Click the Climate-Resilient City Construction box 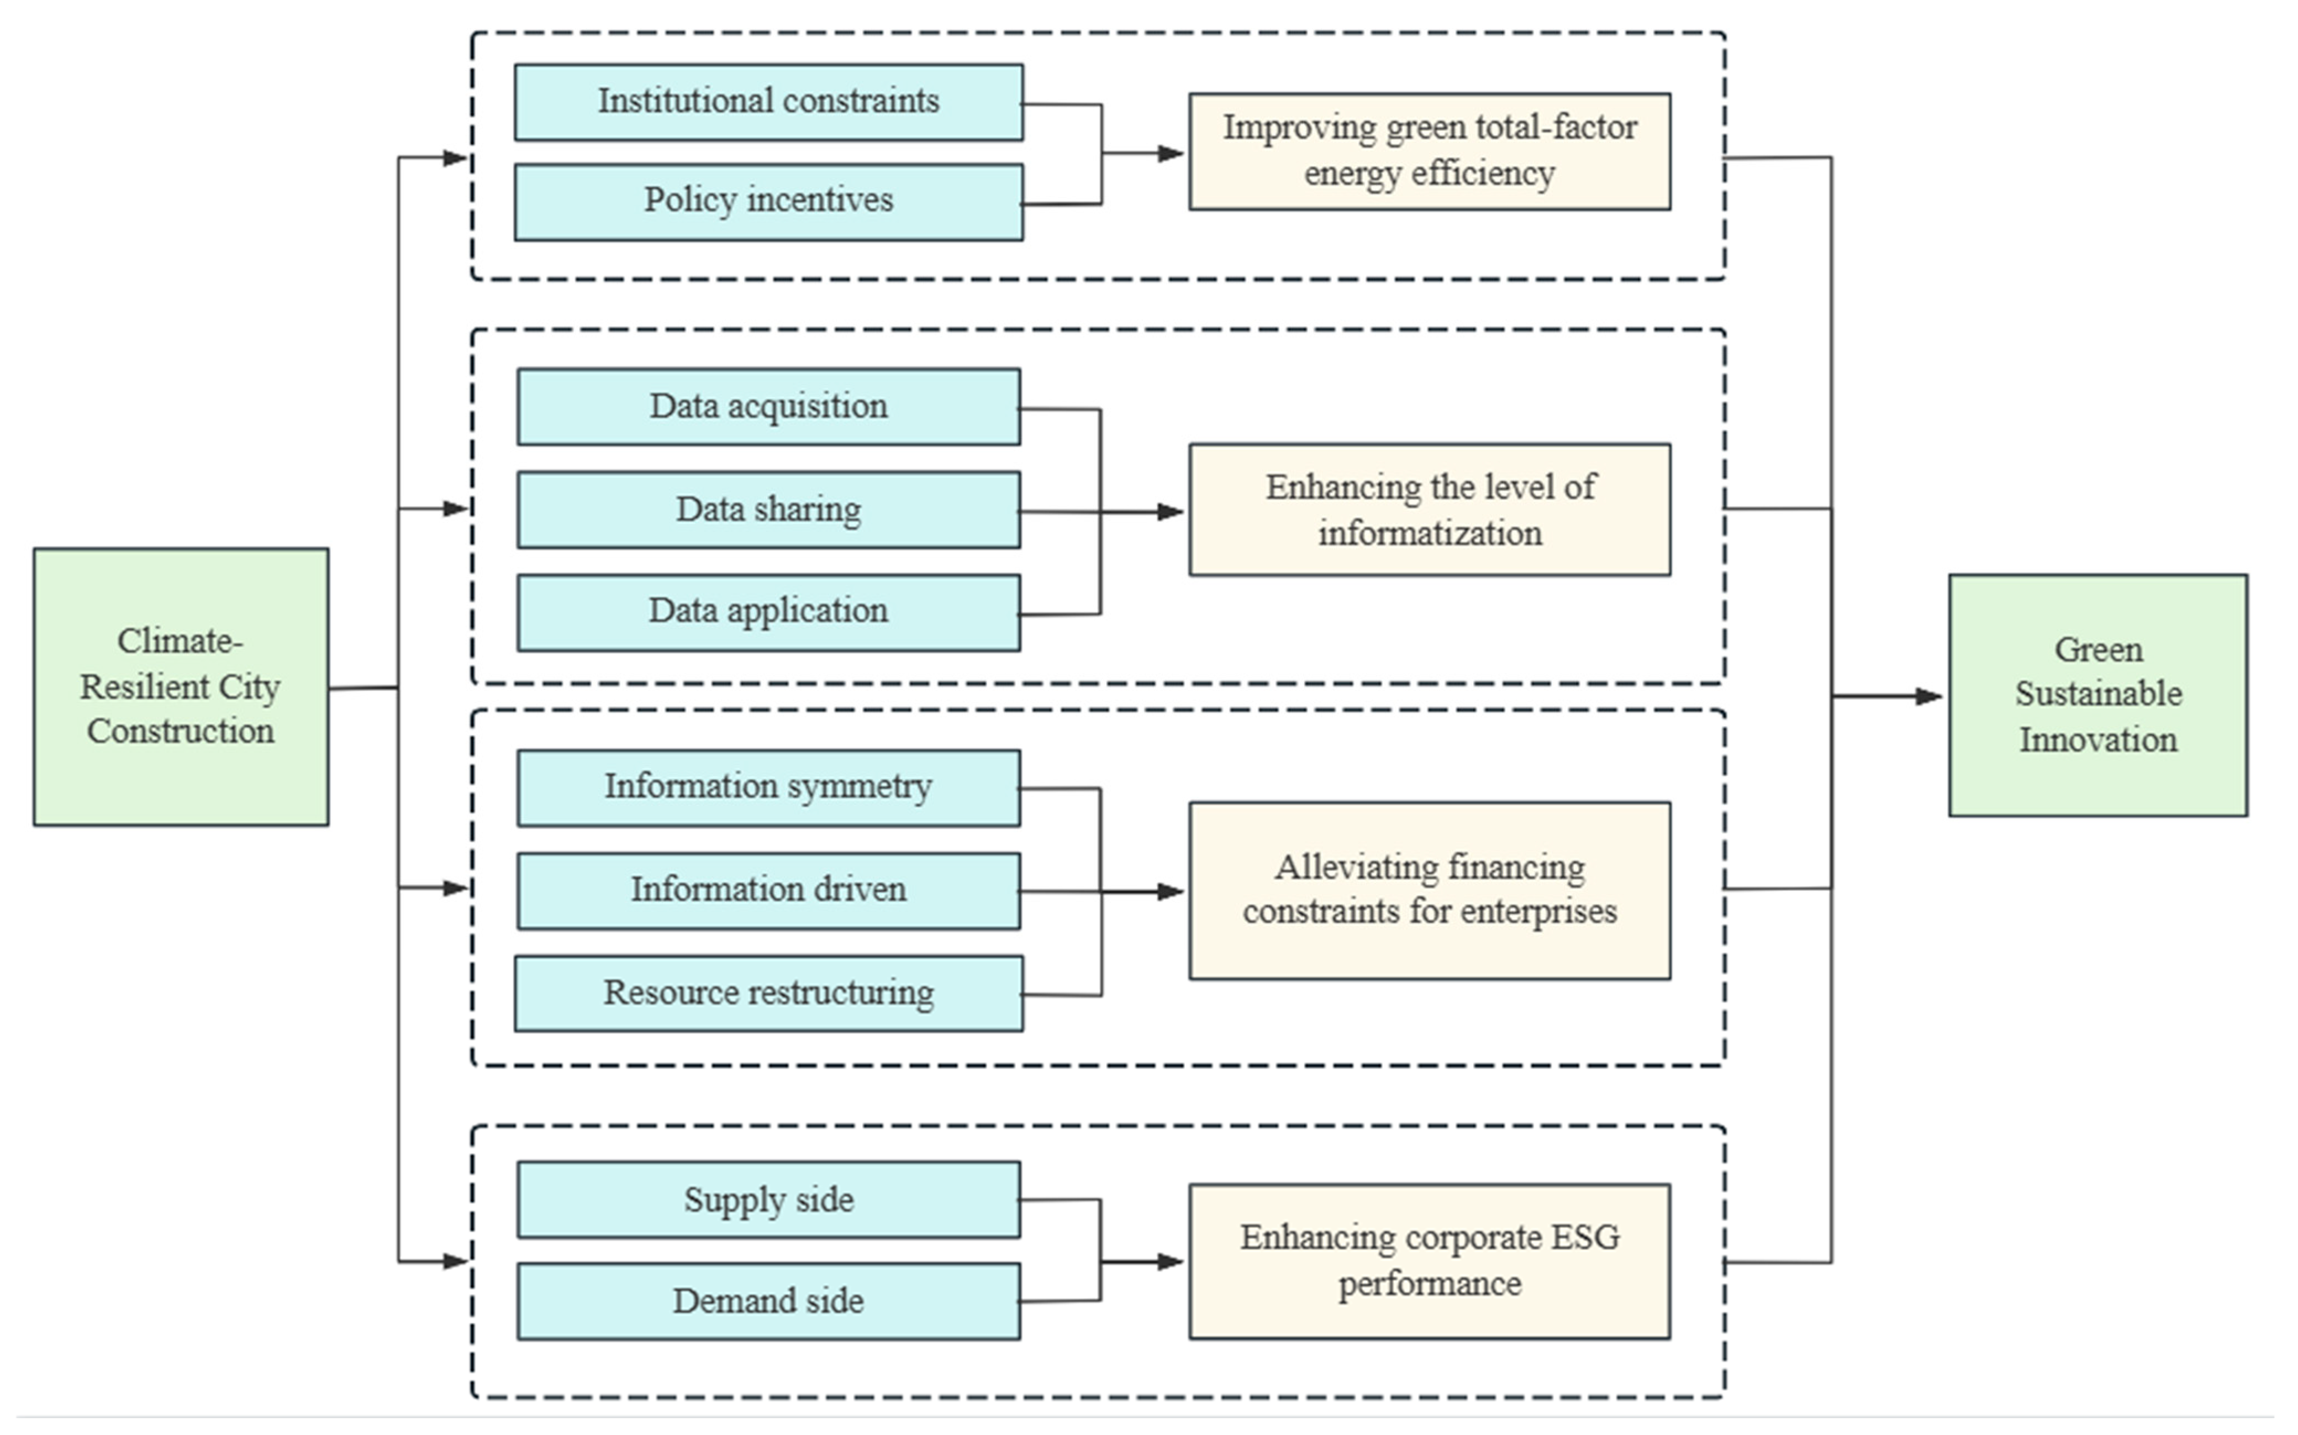click(x=181, y=686)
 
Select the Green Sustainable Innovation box click(x=2098, y=695)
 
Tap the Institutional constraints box click(x=768, y=103)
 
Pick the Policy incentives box click(x=768, y=202)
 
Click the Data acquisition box click(x=768, y=406)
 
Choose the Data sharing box click(x=768, y=509)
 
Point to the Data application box click(x=768, y=612)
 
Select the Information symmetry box click(x=768, y=788)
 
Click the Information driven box click(x=768, y=890)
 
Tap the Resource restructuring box click(x=768, y=994)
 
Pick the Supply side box click(x=768, y=1200)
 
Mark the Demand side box click(x=768, y=1301)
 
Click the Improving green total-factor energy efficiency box click(x=1430, y=151)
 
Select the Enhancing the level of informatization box click(x=1430, y=509)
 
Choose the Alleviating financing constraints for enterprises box click(x=1430, y=890)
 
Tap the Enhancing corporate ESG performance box click(x=1430, y=1261)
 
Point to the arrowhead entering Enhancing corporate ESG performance click(x=1171, y=1261)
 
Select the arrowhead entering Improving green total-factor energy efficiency click(x=1171, y=153)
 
